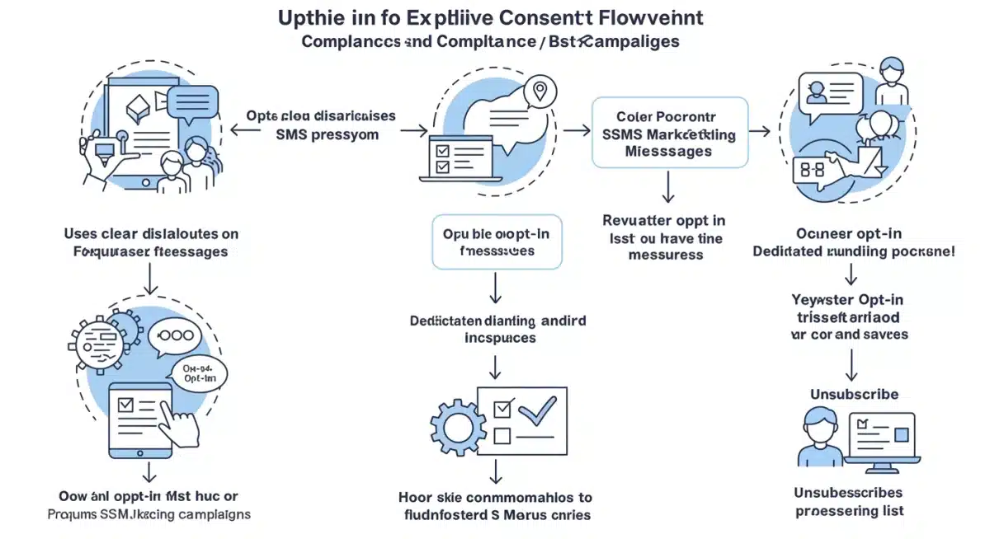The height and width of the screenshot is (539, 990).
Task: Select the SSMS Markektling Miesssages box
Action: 670,133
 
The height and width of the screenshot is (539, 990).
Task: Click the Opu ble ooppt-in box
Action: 497,242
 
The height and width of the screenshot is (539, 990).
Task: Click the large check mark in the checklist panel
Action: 537,410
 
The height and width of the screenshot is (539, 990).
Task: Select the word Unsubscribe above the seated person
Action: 854,394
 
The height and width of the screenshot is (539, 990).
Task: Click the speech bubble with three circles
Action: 175,337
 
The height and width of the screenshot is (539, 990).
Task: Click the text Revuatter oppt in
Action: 664,220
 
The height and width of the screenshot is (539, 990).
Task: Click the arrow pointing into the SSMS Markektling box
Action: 578,131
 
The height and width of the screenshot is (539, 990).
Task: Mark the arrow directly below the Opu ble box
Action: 496,288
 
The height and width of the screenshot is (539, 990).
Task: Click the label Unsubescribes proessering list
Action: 850,501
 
